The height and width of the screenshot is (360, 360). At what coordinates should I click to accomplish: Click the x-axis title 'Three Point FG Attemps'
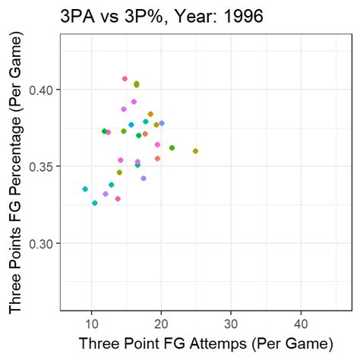point(205,343)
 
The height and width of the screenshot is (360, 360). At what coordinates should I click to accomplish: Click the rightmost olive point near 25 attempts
point(196,151)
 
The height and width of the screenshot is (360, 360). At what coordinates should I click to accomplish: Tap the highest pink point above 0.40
point(125,78)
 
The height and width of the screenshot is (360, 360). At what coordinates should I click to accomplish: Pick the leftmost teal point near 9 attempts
point(85,189)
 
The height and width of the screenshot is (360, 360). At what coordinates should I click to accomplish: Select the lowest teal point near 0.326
point(95,203)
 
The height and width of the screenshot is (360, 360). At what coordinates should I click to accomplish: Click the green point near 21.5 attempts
point(172,147)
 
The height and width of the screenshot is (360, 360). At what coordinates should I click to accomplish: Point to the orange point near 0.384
point(150,114)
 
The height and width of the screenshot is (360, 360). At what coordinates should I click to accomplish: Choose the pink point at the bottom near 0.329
point(118,199)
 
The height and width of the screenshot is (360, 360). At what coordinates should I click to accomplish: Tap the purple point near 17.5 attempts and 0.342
point(144,178)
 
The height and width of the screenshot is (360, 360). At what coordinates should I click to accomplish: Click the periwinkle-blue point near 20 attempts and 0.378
point(162,123)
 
